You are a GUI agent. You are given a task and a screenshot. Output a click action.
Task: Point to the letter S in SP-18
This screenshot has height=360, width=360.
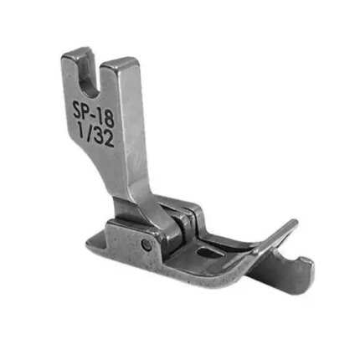(x=77, y=107)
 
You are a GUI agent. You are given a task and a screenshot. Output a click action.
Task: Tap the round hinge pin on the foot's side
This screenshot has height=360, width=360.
(x=147, y=245)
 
